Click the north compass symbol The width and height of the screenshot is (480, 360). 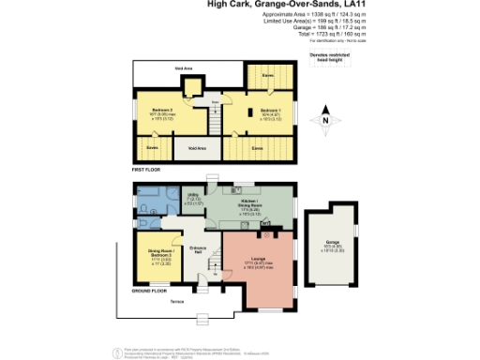pyautogui.click(x=324, y=120)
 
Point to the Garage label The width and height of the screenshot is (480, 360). pyautogui.click(x=332, y=242)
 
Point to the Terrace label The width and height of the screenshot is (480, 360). pyautogui.click(x=176, y=302)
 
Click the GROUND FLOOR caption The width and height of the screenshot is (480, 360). pyautogui.click(x=149, y=292)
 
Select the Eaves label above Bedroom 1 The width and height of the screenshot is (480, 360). pyautogui.click(x=267, y=75)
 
